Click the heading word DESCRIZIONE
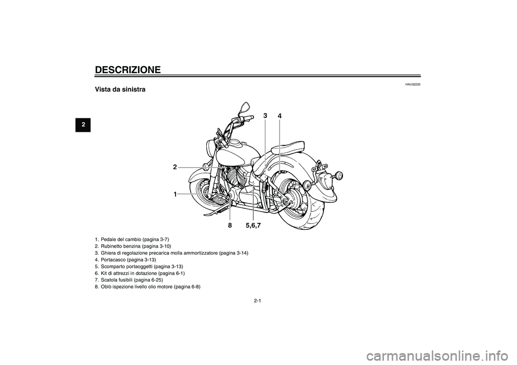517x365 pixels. pos(128,70)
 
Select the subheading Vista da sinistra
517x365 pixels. pos(120,89)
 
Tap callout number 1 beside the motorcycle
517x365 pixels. pos(176,194)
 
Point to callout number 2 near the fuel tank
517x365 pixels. pos(175,167)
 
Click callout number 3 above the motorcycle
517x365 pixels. pos(265,115)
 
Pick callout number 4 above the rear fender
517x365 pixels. pos(280,116)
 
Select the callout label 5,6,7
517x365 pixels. pos(253,226)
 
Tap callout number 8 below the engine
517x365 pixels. pos(229,226)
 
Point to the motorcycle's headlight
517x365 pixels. pos(211,146)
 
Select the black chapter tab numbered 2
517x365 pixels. pos(83,125)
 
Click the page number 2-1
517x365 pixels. pos(258,301)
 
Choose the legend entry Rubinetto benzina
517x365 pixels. pos(133,246)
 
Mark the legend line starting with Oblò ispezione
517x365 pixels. pos(148,286)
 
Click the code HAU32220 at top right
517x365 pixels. pos(413,85)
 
